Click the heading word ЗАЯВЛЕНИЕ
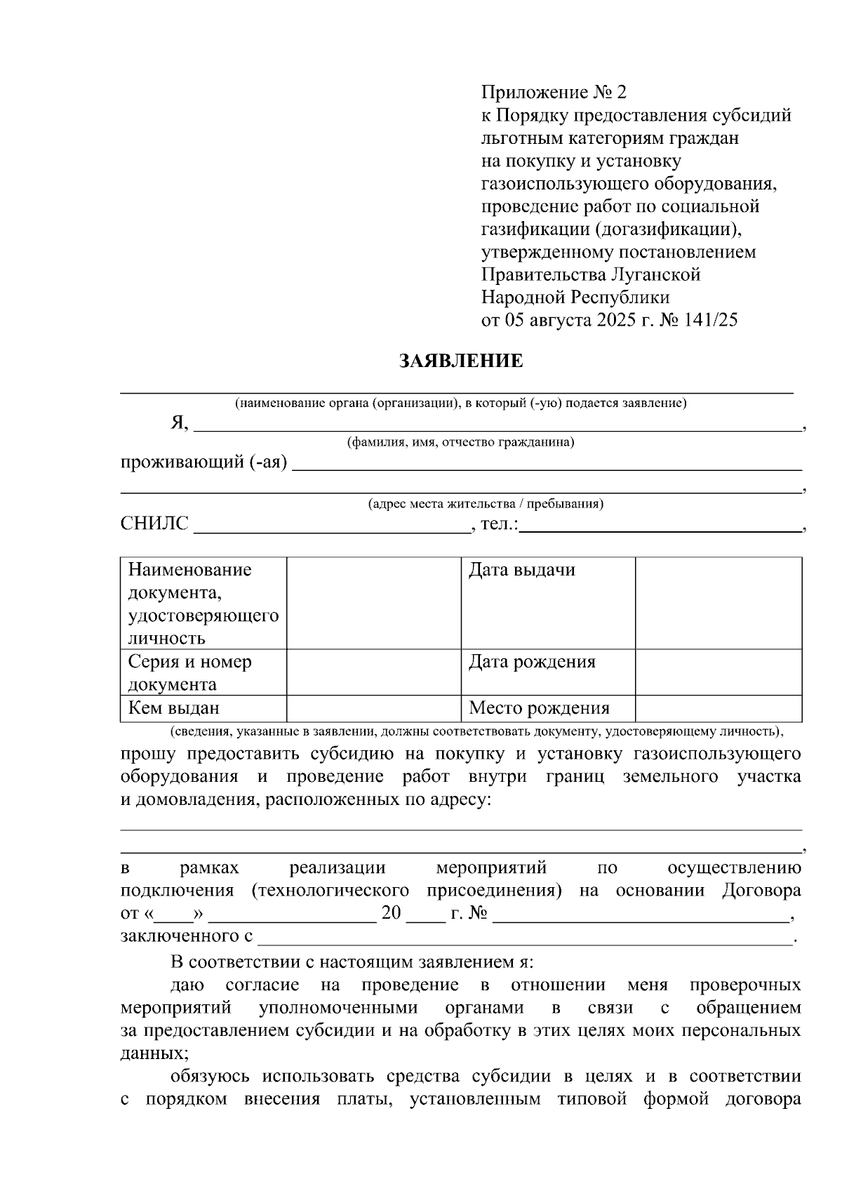point(461,361)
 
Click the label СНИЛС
point(154,524)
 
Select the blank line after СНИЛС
point(331,528)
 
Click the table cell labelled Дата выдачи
point(547,602)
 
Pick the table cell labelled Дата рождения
point(547,672)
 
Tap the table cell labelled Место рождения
point(547,708)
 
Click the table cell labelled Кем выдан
point(203,708)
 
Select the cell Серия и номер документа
point(203,672)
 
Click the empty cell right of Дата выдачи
point(718,602)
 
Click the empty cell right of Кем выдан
point(373,708)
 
